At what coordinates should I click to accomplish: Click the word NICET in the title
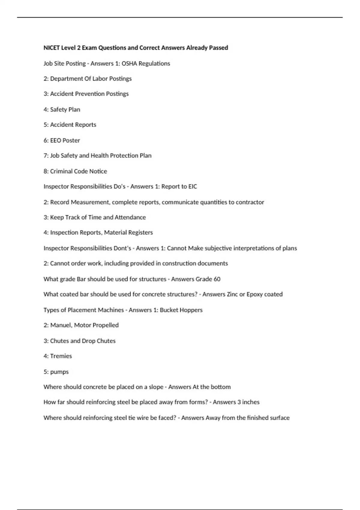[51, 48]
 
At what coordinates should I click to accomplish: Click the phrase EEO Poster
[65, 140]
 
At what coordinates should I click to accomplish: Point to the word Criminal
[61, 171]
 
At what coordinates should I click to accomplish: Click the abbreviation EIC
[193, 187]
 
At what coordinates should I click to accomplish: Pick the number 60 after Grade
[217, 279]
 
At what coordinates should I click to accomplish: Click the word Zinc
[232, 294]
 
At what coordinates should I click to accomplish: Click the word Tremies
[61, 356]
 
